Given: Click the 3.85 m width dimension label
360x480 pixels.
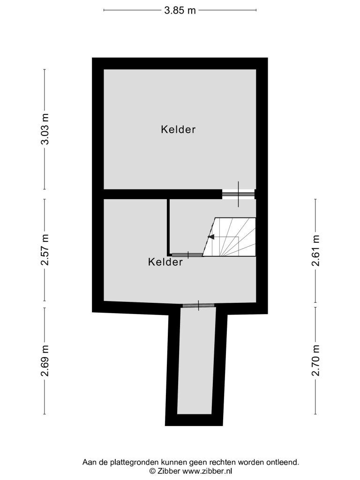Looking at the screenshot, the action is tap(180, 10).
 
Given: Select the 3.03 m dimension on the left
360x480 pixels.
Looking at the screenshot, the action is tap(45, 129).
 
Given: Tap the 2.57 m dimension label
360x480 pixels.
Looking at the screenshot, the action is tap(45, 250).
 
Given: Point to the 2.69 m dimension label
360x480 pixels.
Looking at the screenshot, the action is tap(45, 360).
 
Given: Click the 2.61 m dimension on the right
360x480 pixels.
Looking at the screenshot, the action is tap(315, 250).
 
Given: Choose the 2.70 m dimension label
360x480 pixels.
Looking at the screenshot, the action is tap(315, 360).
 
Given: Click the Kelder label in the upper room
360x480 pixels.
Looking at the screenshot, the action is tap(178, 129).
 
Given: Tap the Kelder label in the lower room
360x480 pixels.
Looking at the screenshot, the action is tap(165, 262).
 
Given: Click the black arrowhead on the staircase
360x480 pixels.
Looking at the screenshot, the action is tap(211, 237).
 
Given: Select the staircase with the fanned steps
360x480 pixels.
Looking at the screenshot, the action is tap(230, 237).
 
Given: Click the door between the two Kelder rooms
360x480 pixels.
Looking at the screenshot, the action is tap(238, 194).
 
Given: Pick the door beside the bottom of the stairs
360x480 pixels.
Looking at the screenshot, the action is tap(187, 255).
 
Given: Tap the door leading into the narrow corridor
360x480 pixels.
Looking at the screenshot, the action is tap(198, 306).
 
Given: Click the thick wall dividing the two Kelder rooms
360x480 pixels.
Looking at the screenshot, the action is tap(163, 194).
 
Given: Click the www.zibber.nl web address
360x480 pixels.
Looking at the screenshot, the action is tap(207, 471).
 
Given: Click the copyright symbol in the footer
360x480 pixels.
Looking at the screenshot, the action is tap(152, 471).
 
